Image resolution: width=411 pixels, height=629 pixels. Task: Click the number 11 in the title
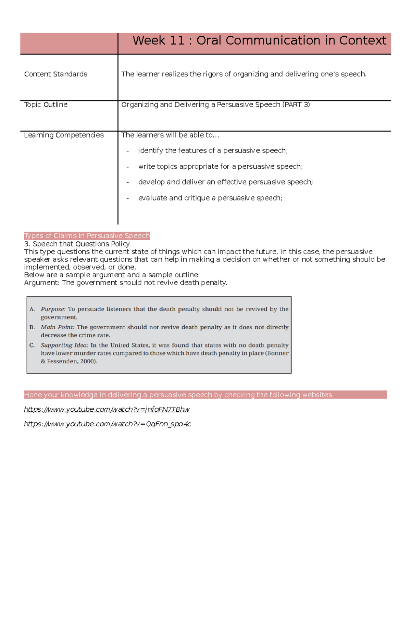coord(177,41)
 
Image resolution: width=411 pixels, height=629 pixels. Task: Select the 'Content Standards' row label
coord(55,74)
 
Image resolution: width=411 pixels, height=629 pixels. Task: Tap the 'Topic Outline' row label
coord(46,105)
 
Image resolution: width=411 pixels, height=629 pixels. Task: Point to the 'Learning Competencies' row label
coord(64,135)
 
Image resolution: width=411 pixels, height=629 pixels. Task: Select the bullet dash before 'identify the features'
coord(127,151)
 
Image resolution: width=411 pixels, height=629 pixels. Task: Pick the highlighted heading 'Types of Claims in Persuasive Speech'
coord(87,236)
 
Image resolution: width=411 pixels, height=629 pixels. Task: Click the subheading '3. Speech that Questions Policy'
coord(77,244)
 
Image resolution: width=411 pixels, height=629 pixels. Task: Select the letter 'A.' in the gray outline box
coord(32,309)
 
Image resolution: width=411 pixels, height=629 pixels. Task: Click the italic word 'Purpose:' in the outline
coord(53,309)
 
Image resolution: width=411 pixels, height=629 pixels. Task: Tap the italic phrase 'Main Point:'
coord(58,327)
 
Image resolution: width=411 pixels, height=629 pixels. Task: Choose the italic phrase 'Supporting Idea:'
coord(64,345)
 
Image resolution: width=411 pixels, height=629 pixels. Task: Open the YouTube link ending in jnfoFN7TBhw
coord(107,409)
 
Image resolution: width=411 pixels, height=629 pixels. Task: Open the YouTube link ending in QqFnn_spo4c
coord(107,424)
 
